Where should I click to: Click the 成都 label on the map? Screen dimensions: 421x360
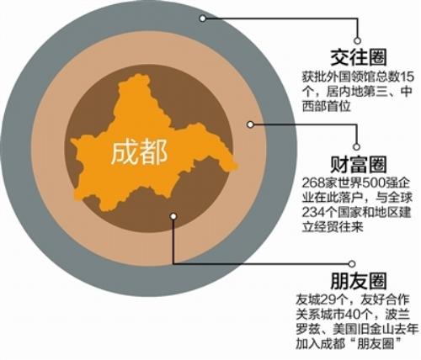[x=139, y=153]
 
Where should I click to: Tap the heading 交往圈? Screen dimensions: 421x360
[x=359, y=58]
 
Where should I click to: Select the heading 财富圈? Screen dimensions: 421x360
[x=359, y=165]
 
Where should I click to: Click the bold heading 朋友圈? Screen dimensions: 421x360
[x=359, y=281]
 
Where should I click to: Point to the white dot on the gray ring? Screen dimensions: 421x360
[x=203, y=19]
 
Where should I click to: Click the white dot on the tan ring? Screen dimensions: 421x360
[x=250, y=124]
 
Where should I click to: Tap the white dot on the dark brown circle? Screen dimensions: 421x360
[x=173, y=216]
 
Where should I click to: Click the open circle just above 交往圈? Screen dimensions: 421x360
[x=357, y=40]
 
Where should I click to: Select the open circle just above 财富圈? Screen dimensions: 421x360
[x=356, y=146]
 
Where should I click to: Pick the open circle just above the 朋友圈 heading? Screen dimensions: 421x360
[x=351, y=264]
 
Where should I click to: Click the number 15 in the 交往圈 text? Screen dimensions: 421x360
[x=407, y=77]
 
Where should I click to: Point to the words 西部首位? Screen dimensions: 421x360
[x=327, y=106]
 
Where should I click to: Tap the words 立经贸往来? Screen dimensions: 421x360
[x=333, y=227]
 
